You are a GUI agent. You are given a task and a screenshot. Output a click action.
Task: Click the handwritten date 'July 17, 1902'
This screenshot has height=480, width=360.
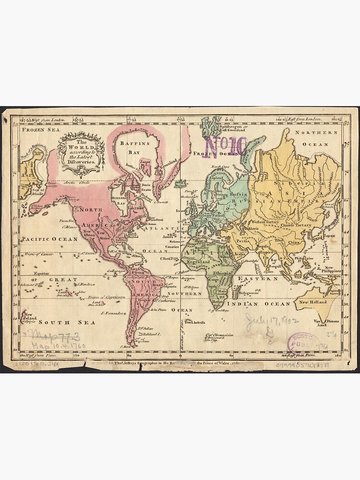(x=272, y=320)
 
